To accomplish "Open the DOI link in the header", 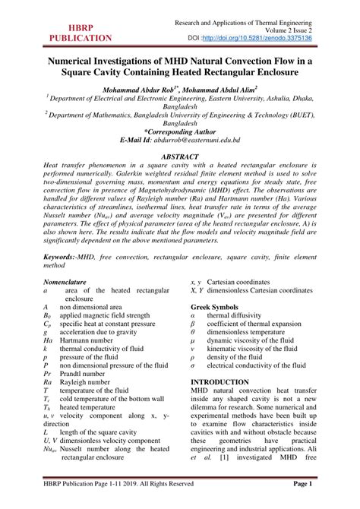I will tap(292, 36).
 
